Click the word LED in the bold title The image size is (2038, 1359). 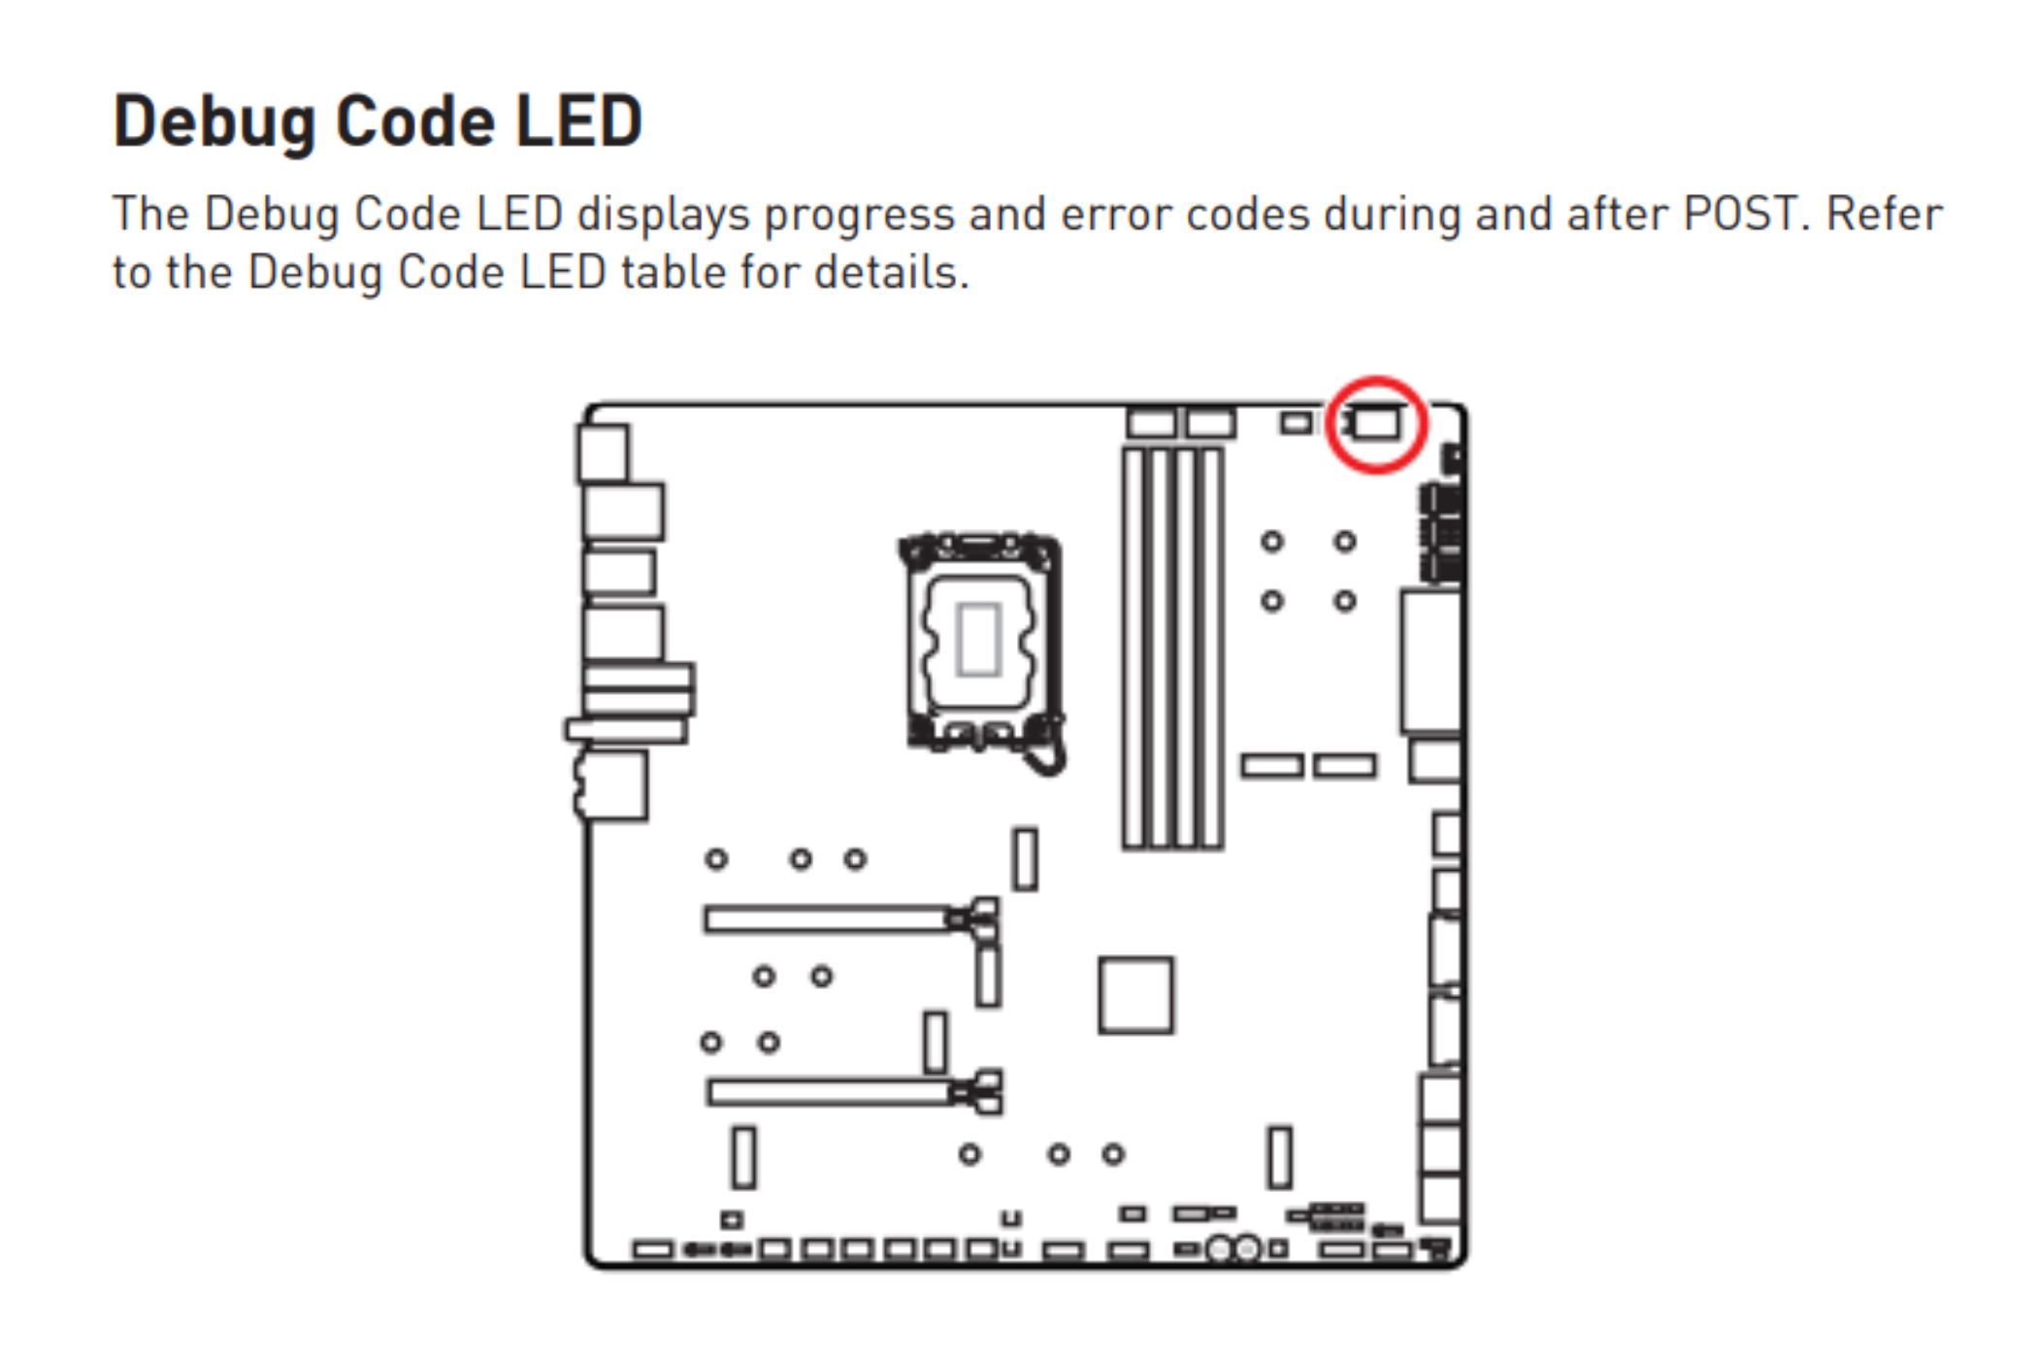tap(578, 121)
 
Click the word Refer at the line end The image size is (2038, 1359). tap(1885, 214)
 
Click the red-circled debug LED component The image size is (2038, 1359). tap(1376, 424)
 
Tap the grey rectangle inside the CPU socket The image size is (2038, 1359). tap(978, 639)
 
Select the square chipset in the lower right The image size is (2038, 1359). tap(1135, 995)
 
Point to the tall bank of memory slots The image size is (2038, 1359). tap(1172, 648)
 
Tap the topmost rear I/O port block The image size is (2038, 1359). tap(603, 453)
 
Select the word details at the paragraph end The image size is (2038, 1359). tap(891, 272)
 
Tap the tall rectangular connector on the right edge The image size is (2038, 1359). tap(1431, 662)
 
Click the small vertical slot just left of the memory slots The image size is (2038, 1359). tap(1025, 859)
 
